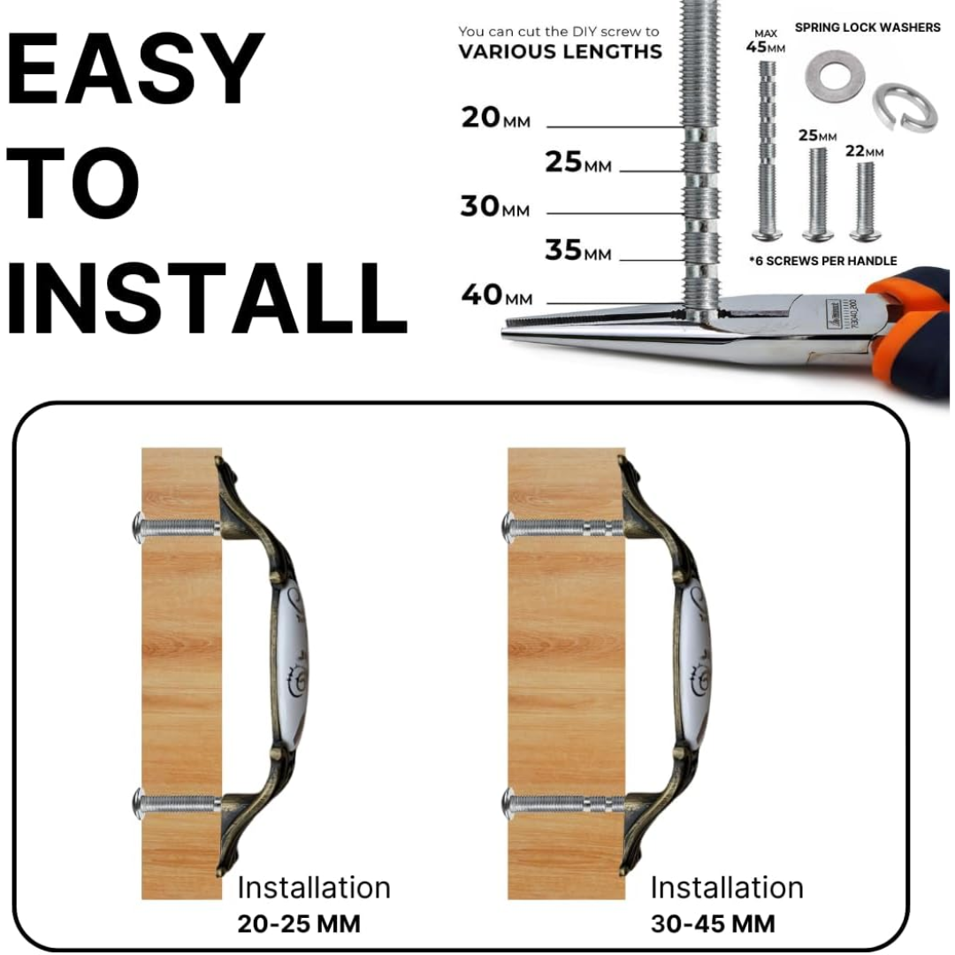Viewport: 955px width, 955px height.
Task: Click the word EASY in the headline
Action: click(x=135, y=69)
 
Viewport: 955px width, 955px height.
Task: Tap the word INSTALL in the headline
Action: click(x=206, y=299)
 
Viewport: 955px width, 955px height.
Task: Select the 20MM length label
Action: click(x=495, y=118)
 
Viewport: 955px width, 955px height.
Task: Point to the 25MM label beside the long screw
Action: click(x=578, y=162)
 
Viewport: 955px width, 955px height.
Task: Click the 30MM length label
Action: click(x=494, y=206)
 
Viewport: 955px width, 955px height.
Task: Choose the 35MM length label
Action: click(x=578, y=250)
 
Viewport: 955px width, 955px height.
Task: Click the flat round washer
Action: click(x=835, y=77)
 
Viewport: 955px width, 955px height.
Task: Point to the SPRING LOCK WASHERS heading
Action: click(x=867, y=27)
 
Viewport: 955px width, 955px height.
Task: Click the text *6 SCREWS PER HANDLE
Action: click(x=823, y=261)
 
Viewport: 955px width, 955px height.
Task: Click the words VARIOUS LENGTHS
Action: click(x=560, y=52)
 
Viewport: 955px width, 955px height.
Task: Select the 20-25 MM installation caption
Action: click(x=299, y=924)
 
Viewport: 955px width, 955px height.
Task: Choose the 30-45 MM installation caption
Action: click(x=713, y=924)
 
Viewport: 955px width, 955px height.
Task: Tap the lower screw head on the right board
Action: click(x=509, y=803)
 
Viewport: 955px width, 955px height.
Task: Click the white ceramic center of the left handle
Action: click(x=293, y=664)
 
